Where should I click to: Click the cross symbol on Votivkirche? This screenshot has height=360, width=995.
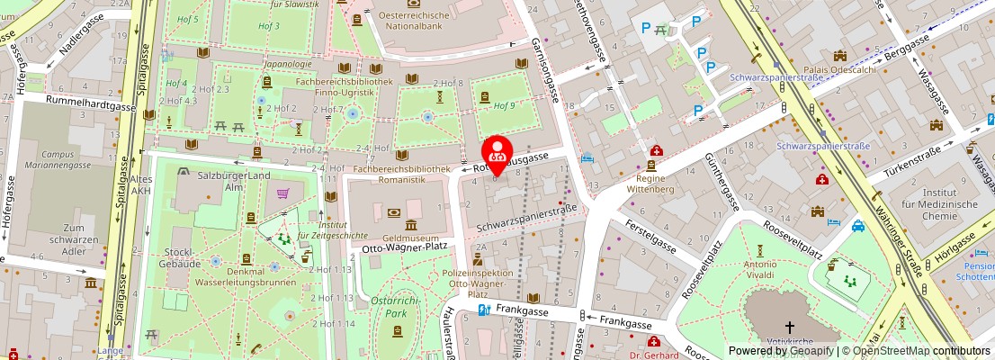tap(790, 327)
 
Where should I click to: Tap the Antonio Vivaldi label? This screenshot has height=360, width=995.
tap(759, 271)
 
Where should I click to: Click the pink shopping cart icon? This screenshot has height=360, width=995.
tap(283, 193)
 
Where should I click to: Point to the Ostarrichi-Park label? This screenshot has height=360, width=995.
tap(397, 307)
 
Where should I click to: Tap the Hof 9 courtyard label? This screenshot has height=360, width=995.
tap(505, 105)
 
